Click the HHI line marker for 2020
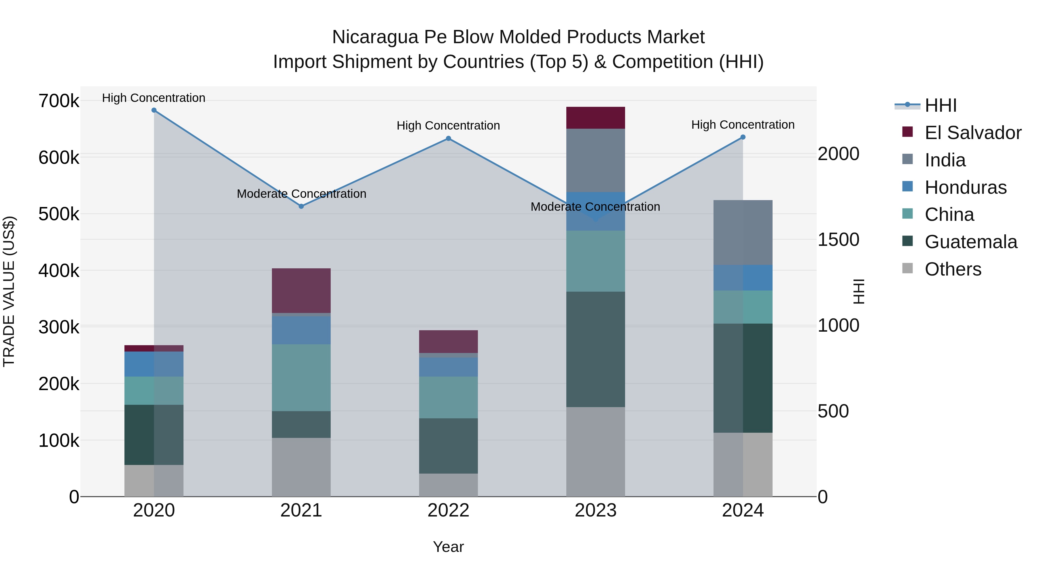(x=154, y=110)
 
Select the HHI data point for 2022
(x=449, y=139)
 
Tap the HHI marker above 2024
(x=743, y=137)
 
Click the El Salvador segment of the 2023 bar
(x=595, y=118)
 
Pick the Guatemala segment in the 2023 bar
(x=595, y=349)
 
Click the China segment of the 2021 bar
(x=301, y=377)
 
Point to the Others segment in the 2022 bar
(x=449, y=485)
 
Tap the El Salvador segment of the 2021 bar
(x=301, y=290)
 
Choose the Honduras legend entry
(x=965, y=187)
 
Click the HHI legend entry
(x=941, y=105)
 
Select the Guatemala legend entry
(x=970, y=242)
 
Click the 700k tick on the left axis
(x=59, y=101)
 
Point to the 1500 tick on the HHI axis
(x=839, y=240)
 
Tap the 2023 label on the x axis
(x=595, y=510)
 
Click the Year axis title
(x=449, y=547)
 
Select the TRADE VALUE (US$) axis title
(x=9, y=291)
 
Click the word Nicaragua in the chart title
(x=375, y=37)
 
